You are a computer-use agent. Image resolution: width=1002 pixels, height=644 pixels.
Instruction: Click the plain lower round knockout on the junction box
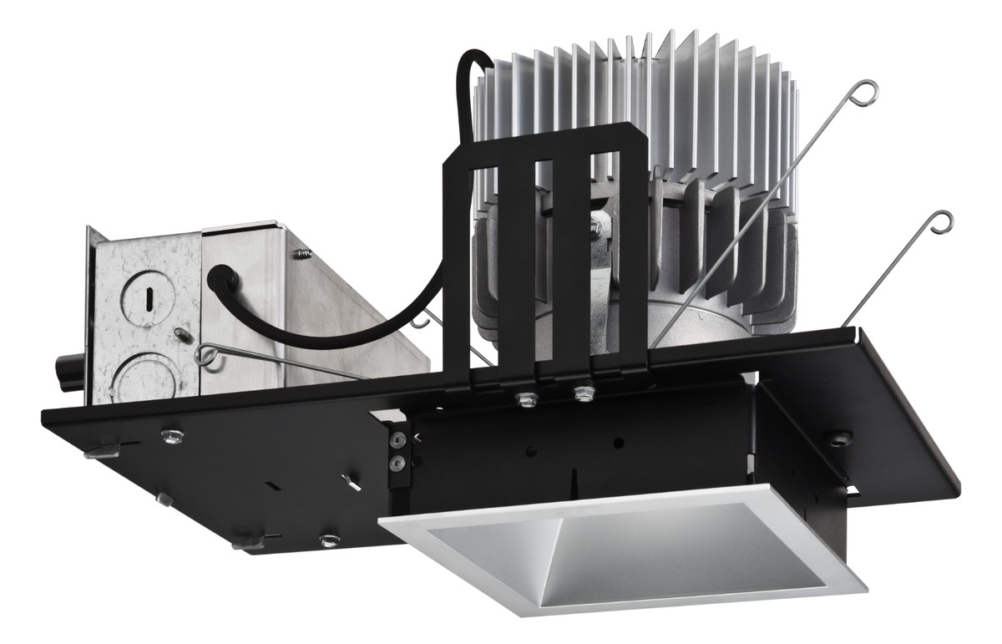pos(147,378)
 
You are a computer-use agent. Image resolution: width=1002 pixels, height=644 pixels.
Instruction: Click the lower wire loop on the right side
pos(941,222)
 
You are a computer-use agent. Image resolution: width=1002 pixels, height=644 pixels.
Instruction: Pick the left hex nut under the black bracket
pos(527,398)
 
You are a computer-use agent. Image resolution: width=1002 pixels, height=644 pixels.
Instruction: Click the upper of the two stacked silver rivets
pos(397,439)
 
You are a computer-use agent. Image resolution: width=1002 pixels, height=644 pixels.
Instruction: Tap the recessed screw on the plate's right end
pos(837,436)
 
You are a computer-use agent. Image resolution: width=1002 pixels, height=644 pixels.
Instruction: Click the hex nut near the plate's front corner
pos(330,540)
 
